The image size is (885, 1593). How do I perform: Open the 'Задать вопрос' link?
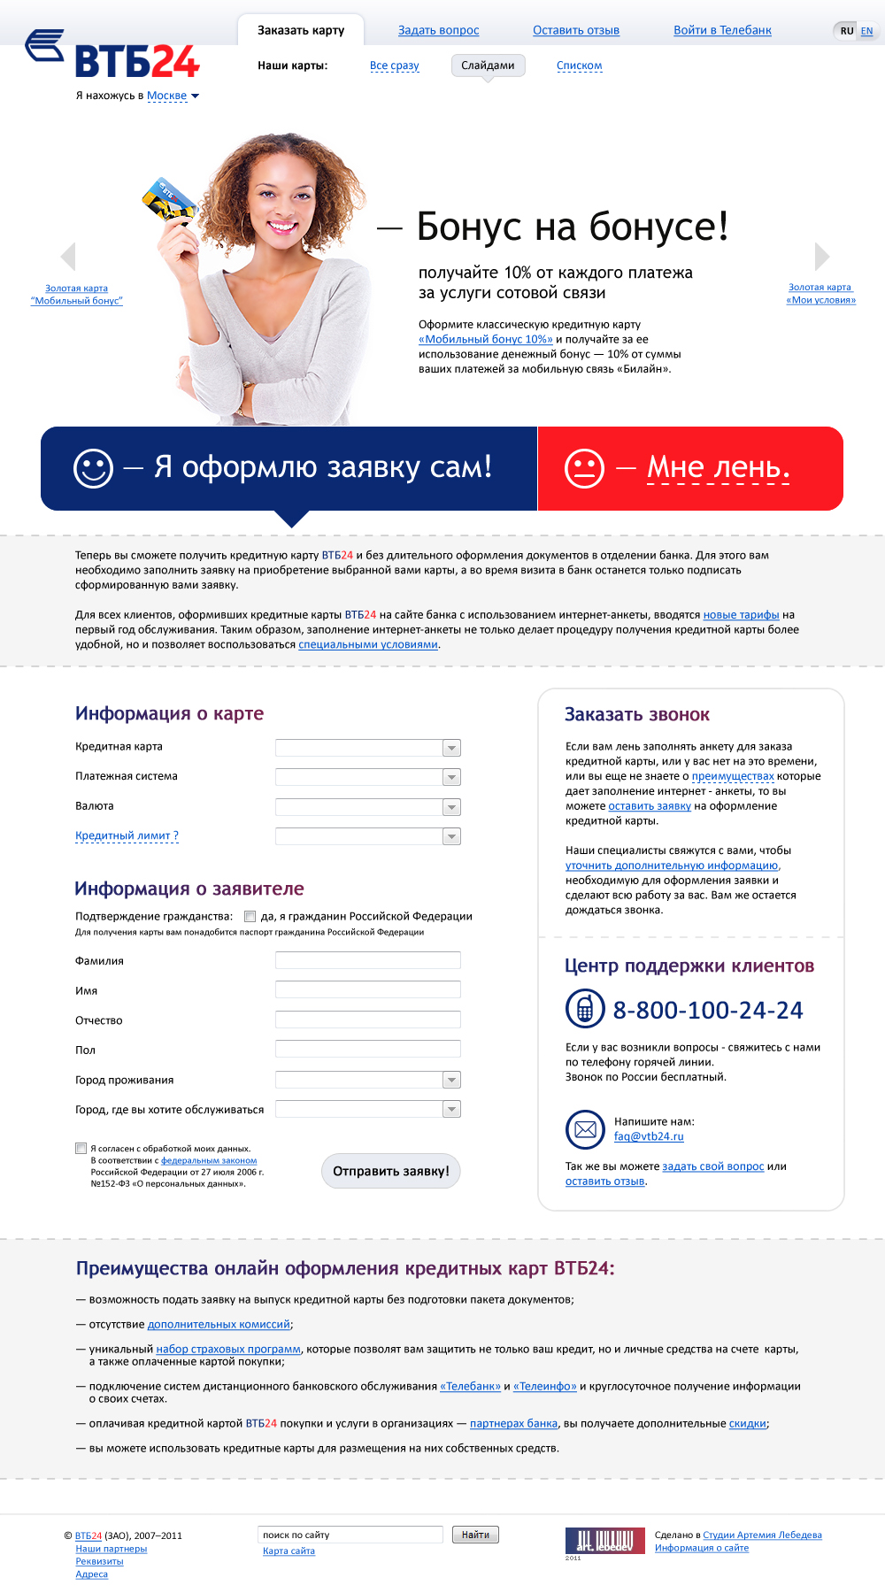click(x=438, y=30)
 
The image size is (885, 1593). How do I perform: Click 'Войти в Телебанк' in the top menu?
click(x=722, y=30)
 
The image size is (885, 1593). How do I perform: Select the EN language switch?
click(x=866, y=31)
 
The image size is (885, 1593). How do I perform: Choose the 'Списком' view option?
click(x=579, y=65)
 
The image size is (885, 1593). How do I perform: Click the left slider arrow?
click(x=68, y=256)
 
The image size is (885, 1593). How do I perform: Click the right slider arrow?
click(x=821, y=256)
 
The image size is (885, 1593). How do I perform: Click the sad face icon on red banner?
click(x=584, y=468)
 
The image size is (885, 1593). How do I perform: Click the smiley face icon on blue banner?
click(x=93, y=468)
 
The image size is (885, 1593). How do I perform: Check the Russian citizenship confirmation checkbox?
click(x=250, y=917)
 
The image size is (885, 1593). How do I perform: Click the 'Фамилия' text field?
click(x=367, y=960)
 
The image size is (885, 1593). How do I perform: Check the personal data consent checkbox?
click(x=81, y=1149)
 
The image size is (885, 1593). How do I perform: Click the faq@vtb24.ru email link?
click(x=649, y=1136)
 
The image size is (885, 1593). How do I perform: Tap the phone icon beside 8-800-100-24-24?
click(x=584, y=1008)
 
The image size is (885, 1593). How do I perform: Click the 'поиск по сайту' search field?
click(x=350, y=1535)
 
